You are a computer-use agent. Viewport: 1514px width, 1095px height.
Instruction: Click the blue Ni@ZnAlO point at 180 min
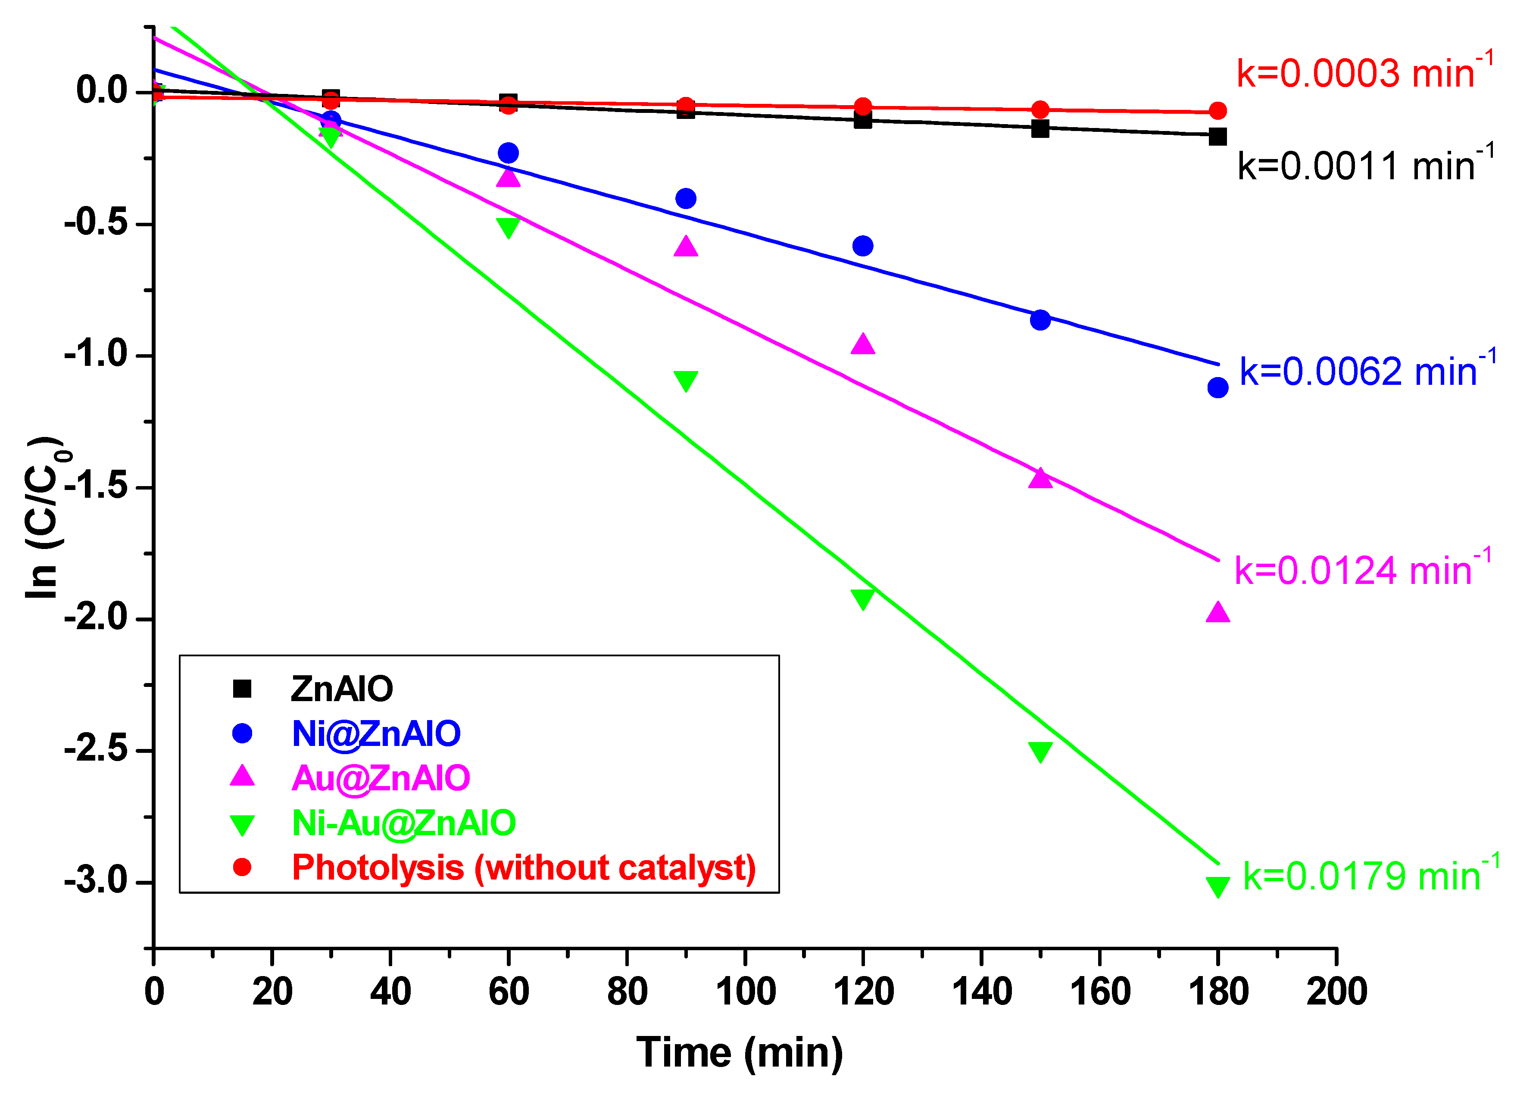1217,387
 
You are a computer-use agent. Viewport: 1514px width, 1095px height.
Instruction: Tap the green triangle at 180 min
1217,886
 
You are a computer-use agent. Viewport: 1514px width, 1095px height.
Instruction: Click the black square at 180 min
1217,137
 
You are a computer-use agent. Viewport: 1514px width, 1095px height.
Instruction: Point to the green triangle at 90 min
686,380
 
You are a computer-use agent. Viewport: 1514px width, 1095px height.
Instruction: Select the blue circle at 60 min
508,153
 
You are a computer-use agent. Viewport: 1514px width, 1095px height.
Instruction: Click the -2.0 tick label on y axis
97,617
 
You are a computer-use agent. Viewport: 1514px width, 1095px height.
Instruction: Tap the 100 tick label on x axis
745,992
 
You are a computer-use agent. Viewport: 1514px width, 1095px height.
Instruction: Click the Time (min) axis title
740,1053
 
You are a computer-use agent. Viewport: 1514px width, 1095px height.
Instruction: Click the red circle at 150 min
1040,109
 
